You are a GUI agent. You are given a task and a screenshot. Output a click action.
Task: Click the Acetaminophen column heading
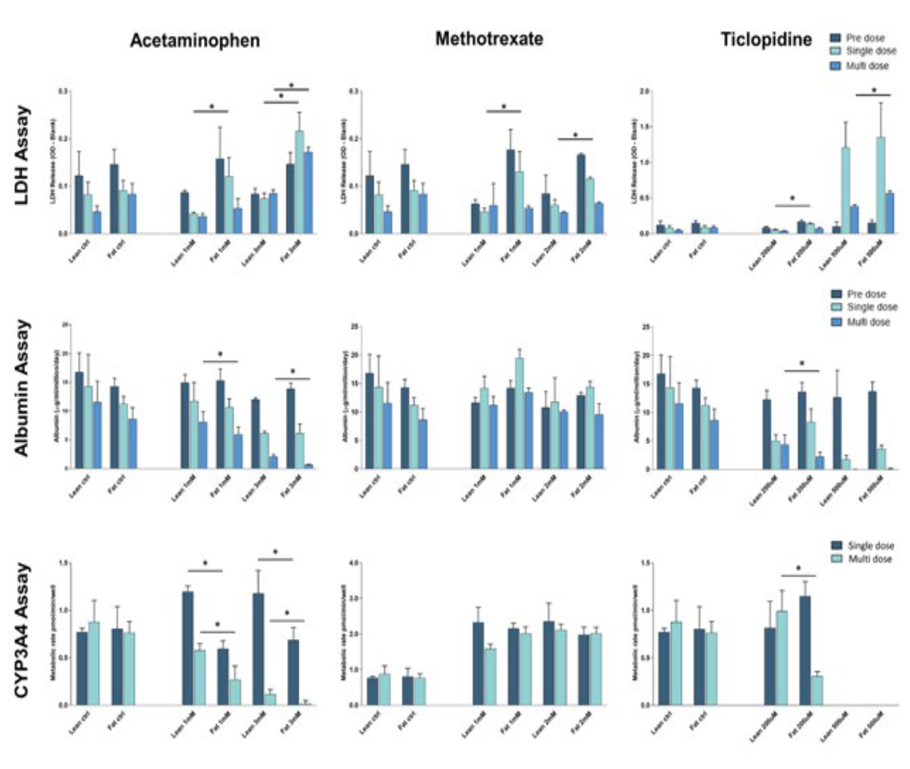(195, 41)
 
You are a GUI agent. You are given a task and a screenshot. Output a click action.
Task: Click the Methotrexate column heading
(489, 39)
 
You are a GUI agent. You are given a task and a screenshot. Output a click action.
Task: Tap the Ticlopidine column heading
(766, 40)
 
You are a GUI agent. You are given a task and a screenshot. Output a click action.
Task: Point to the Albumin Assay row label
(22, 387)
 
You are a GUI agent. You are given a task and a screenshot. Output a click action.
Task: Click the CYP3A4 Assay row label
(22, 630)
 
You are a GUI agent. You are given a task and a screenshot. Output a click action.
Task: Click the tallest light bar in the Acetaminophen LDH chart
(300, 182)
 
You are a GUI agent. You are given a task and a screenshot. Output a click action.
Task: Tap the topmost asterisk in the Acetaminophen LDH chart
(292, 85)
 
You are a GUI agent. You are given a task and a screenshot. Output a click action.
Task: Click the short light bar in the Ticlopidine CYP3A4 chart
(817, 690)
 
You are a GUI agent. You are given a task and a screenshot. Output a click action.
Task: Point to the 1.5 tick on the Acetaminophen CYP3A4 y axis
(64, 563)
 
